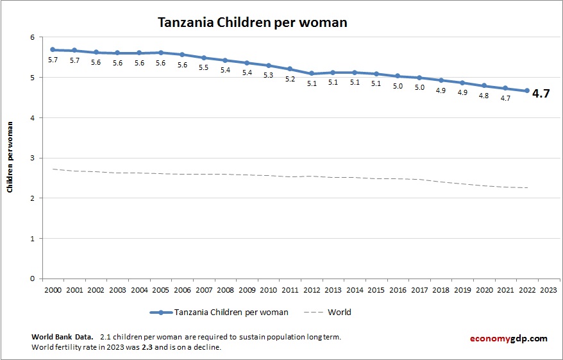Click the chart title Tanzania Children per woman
coord(253,22)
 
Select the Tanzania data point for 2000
coord(53,49)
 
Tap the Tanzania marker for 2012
coord(312,74)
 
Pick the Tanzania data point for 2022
coord(527,90)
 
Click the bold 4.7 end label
coord(541,94)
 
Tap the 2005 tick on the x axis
coord(161,289)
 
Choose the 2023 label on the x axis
coord(549,289)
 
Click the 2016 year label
coord(398,289)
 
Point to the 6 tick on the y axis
coord(31,37)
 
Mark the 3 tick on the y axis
coord(31,158)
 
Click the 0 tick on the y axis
coord(31,279)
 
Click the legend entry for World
coord(339,313)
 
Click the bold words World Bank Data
coord(62,337)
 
